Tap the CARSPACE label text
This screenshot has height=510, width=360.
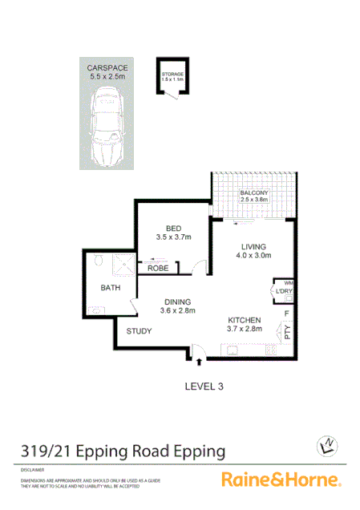[x=107, y=69]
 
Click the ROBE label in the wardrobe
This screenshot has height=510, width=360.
[x=158, y=269]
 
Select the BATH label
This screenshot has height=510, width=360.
[x=110, y=287]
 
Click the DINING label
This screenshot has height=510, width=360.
[x=178, y=302]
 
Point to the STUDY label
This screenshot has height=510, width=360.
[x=139, y=330]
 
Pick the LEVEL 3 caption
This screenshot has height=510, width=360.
[x=204, y=386]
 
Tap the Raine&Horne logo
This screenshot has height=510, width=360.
[x=281, y=480]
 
